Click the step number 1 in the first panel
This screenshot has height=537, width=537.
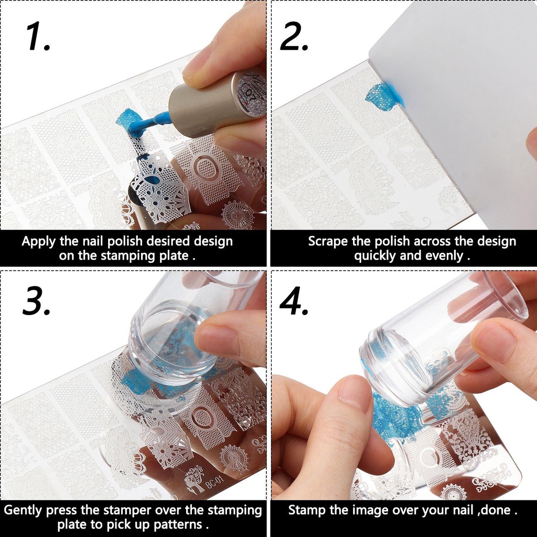pos(38,38)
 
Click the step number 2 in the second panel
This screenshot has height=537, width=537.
pos(294,38)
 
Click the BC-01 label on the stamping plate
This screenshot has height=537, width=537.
pos(216,484)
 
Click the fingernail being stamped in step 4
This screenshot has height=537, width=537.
pos(355,393)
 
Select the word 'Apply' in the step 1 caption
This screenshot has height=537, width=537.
pos(38,242)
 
